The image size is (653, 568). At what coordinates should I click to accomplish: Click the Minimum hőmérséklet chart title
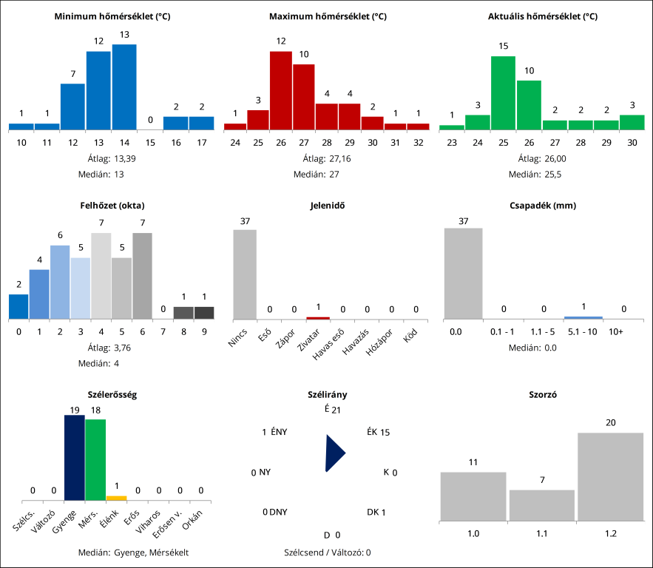112,16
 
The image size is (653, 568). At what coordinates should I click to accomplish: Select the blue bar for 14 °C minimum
124,87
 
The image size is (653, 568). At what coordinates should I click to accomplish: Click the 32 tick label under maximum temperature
418,142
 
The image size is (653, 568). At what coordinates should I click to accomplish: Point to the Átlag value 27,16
340,158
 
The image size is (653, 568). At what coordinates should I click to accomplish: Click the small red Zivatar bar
317,317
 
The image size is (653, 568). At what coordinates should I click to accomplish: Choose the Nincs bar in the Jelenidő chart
245,274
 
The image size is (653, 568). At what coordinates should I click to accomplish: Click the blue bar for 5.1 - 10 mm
583,317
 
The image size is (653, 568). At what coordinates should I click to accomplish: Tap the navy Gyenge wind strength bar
74,458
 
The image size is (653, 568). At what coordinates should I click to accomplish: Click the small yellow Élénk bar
116,498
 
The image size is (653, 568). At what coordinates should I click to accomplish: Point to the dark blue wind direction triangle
334,453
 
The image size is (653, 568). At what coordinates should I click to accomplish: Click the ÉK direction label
371,432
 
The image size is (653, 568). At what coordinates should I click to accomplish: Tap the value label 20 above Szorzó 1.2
610,422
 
